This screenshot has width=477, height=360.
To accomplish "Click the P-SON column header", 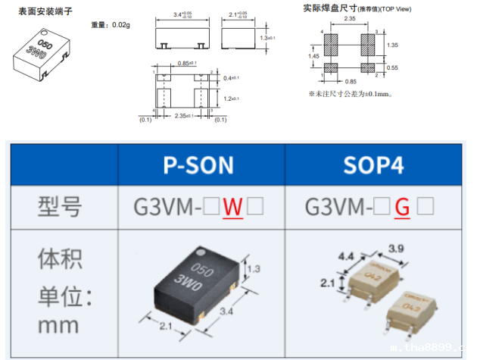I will tap(201, 165).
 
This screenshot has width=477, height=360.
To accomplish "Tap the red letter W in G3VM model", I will tap(232, 206).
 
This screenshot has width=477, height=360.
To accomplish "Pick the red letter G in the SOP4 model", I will tap(403, 206).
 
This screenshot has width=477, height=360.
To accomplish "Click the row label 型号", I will tap(60, 206).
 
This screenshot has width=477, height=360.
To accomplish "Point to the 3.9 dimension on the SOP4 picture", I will tap(396, 249).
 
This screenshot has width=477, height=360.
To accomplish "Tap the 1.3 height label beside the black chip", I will tap(257, 268).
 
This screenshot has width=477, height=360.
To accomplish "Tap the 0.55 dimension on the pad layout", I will tap(391, 67).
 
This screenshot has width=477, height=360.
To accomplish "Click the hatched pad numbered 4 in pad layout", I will tap(330, 44).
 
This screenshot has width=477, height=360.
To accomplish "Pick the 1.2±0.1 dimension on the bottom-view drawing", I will tap(233, 98).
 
